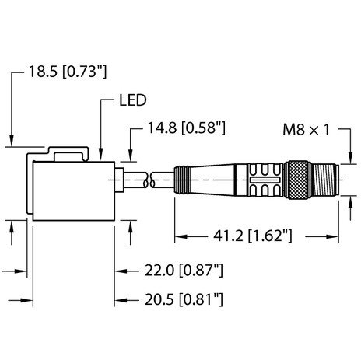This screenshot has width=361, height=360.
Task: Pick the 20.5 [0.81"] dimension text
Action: point(184,299)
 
